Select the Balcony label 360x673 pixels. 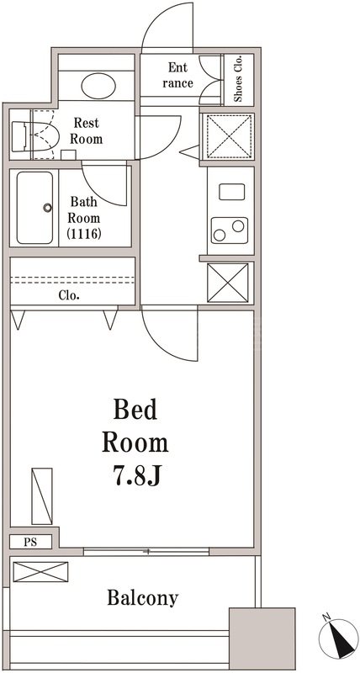[x=142, y=598]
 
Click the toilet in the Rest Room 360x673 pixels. [x=35, y=135]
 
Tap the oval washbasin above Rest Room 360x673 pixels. [x=99, y=85]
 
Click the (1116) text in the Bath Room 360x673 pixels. [x=86, y=233]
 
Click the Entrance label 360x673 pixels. [x=178, y=75]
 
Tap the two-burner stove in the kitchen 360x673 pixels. [x=229, y=227]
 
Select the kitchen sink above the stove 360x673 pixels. [x=231, y=191]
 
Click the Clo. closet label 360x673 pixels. [x=69, y=295]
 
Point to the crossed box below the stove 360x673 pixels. [x=228, y=282]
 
